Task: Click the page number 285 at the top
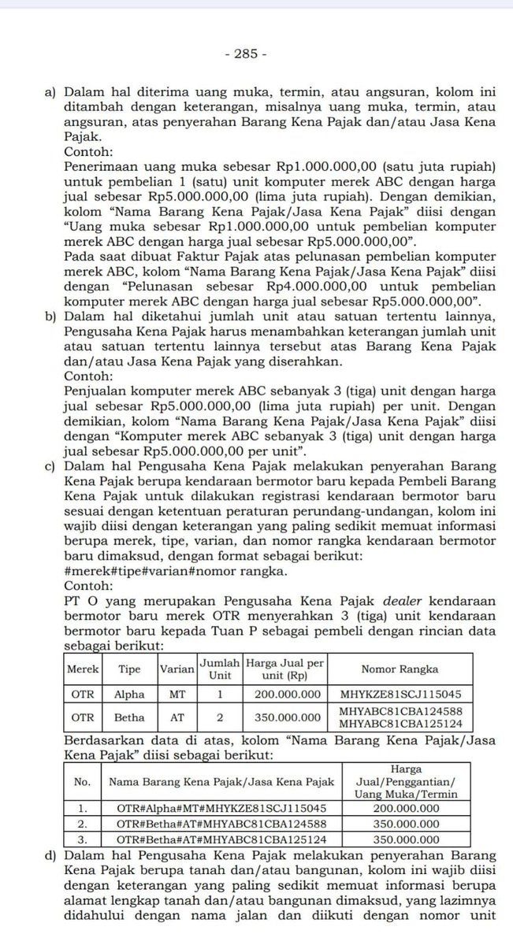click(245, 54)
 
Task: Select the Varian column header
click(177, 669)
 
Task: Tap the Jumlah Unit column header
click(220, 669)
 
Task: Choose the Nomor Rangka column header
click(400, 669)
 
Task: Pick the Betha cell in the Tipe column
click(129, 718)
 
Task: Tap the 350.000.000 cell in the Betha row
click(284, 718)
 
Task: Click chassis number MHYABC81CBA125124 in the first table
click(400, 724)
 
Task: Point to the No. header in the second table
click(83, 781)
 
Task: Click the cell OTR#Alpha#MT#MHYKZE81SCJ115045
click(217, 808)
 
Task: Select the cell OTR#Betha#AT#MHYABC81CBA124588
click(217, 824)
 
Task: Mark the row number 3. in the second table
click(83, 839)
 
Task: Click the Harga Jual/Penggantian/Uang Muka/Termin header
click(406, 781)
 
